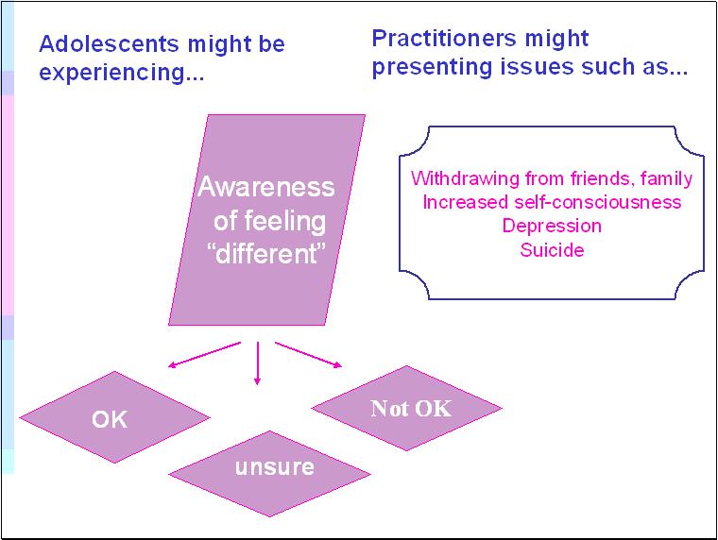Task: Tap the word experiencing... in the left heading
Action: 122,74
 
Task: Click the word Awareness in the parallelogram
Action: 266,187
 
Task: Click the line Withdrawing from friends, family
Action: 552,178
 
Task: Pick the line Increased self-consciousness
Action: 552,202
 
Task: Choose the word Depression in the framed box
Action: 552,227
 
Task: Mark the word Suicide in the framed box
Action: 552,250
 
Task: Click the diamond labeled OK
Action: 110,417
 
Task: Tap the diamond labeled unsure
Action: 274,467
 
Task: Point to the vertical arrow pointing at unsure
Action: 257,363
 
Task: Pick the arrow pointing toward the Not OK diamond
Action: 309,355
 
